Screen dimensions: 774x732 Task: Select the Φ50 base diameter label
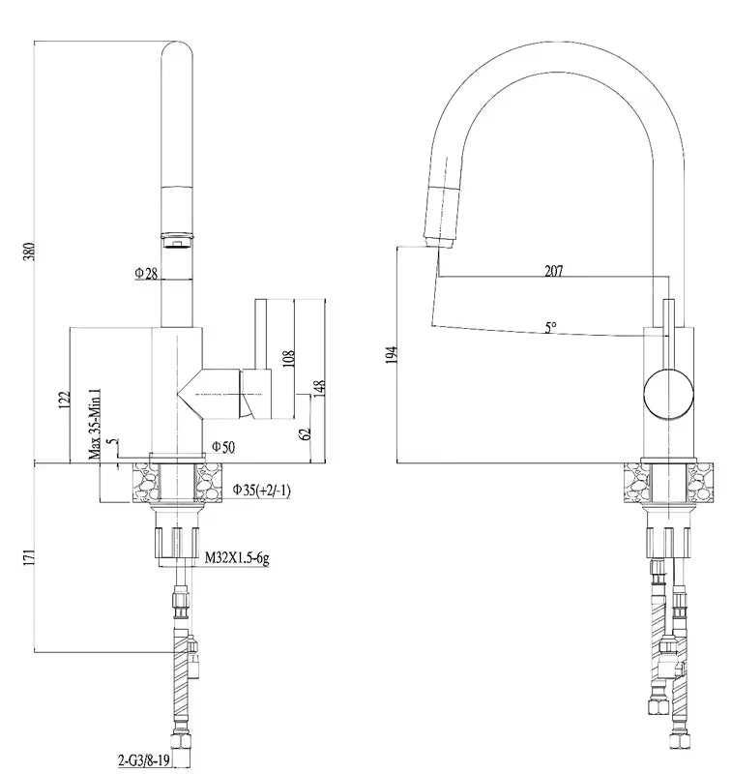[x=222, y=446]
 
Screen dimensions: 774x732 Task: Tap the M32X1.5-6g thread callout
[x=236, y=559]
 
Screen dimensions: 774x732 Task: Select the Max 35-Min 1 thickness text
[x=95, y=422]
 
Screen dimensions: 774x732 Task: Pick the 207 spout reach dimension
[x=553, y=271]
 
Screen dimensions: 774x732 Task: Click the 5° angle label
[x=549, y=328]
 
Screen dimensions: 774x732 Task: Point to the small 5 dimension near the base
[x=113, y=445]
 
